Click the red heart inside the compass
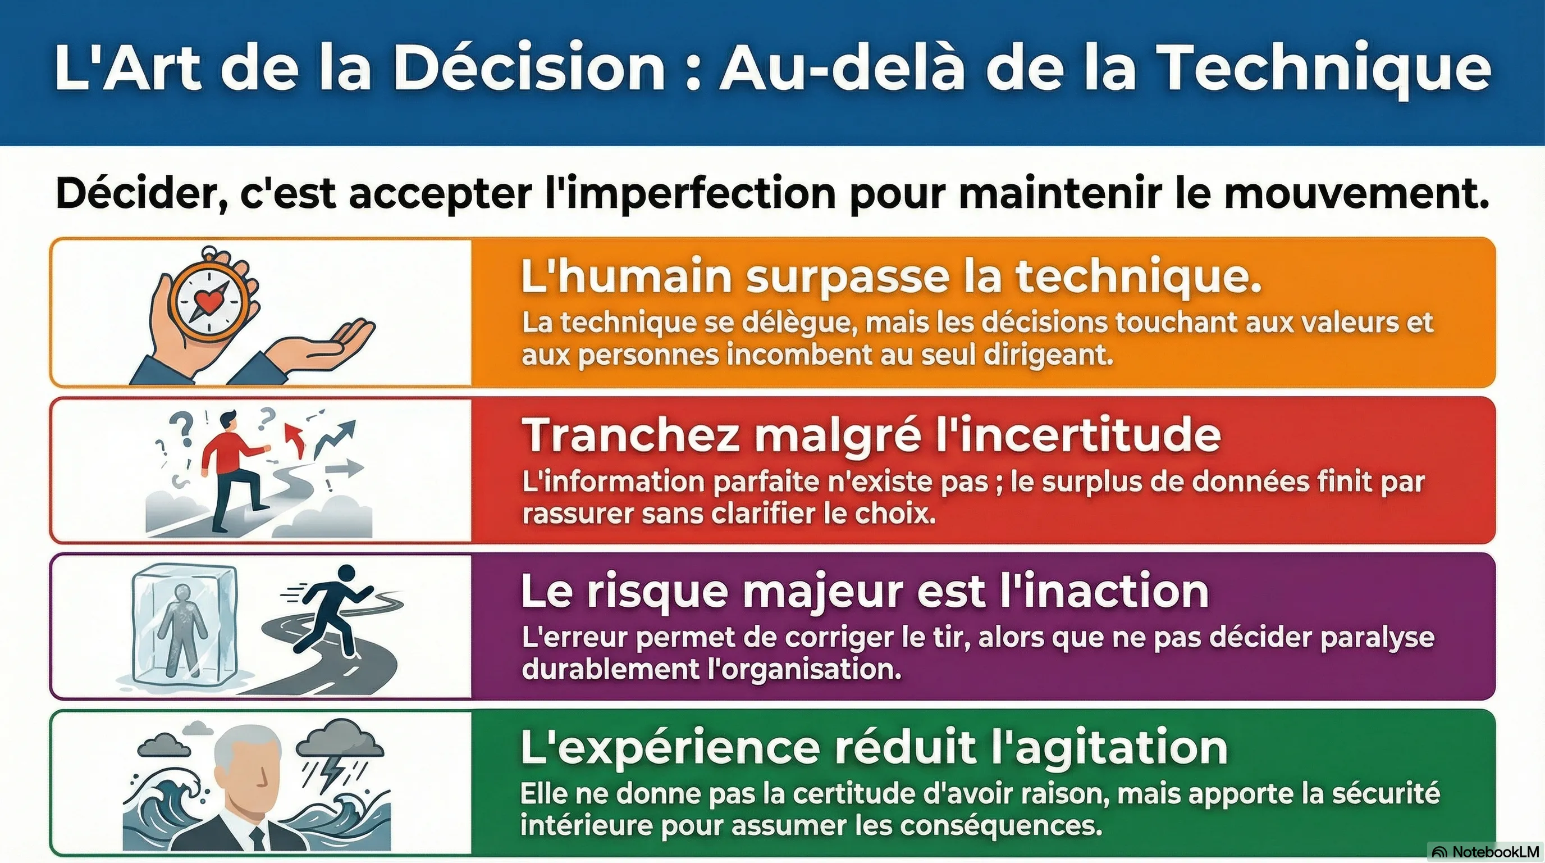coord(208,299)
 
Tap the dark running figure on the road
coord(336,608)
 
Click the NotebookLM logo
coord(1485,852)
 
